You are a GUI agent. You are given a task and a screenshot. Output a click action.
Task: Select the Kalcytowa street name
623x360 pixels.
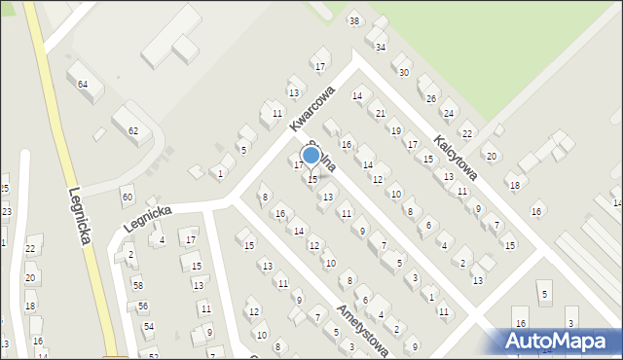click(455, 158)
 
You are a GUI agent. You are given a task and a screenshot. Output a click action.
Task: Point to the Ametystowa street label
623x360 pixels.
click(362, 331)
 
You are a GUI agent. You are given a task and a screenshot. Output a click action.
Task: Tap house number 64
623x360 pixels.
click(84, 85)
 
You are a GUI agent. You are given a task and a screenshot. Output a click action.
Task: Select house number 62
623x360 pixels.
click(133, 130)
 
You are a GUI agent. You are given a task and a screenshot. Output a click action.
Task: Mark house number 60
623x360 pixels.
click(127, 197)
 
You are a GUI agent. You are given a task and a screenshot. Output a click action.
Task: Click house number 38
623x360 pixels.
click(354, 21)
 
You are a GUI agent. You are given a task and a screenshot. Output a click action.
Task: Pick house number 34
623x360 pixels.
click(381, 47)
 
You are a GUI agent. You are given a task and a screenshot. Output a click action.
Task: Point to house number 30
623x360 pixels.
click(404, 73)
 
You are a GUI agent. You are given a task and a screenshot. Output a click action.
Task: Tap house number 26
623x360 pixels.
click(430, 99)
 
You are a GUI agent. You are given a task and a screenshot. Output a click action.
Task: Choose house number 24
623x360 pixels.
click(448, 114)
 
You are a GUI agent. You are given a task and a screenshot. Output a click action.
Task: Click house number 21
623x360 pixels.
click(381, 114)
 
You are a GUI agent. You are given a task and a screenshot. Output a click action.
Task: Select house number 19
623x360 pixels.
click(395, 130)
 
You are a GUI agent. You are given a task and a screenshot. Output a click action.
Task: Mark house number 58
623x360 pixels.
click(137, 285)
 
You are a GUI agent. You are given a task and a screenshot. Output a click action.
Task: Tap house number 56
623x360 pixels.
click(143, 306)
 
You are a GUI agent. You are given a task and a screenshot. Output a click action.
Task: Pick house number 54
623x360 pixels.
click(148, 326)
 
